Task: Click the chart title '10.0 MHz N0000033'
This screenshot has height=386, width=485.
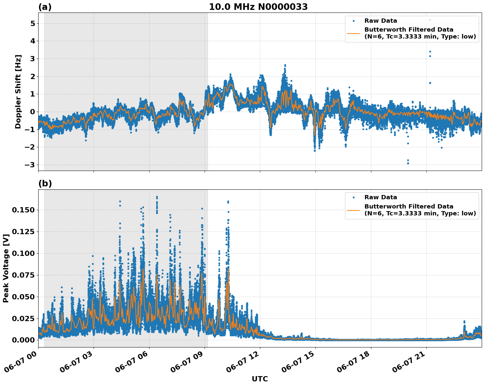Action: (258, 7)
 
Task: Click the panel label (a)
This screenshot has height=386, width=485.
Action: (45, 7)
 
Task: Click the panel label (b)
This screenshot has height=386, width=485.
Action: (45, 183)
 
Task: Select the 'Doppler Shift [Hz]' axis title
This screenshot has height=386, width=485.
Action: (18, 92)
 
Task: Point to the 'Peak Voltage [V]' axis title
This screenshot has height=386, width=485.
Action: (6, 268)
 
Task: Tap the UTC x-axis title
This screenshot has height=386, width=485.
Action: (260, 379)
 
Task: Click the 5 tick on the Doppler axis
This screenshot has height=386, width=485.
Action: (32, 23)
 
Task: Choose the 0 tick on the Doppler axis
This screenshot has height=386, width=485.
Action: (32, 112)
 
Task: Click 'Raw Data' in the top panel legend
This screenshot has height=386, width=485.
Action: (381, 21)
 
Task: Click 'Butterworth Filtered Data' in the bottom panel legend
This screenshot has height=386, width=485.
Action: (409, 207)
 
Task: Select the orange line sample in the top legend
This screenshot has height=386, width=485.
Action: (353, 33)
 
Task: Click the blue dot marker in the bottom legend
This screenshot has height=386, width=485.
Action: (353, 197)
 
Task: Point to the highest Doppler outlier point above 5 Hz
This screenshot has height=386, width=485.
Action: (430, 20)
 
